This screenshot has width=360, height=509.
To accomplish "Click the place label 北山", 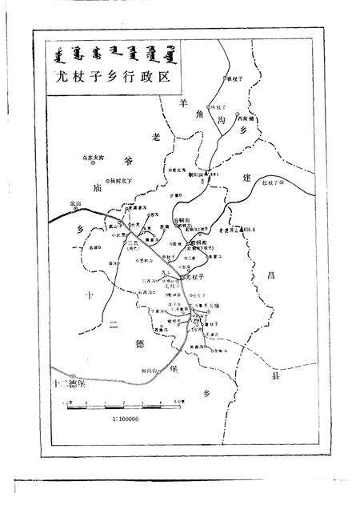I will click(76, 203).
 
